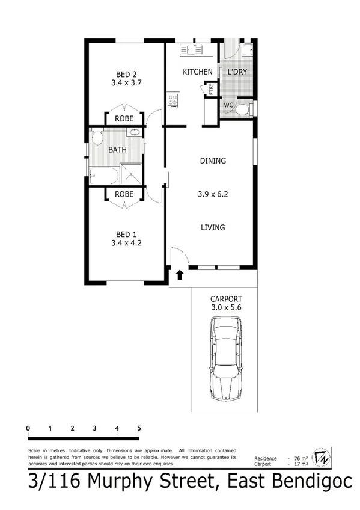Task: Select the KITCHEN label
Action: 198,72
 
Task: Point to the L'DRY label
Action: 237,72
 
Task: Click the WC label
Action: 228,105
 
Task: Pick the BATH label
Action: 117,150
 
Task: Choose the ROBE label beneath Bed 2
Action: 124,118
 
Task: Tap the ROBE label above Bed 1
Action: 124,195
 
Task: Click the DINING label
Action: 213,161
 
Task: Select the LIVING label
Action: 213,227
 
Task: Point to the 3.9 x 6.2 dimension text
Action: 213,194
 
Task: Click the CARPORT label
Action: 226,299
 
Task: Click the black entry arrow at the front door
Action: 180,275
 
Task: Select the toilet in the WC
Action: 242,109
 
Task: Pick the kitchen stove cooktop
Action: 173,100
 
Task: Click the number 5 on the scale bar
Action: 139,428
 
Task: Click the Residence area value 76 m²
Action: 294,458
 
